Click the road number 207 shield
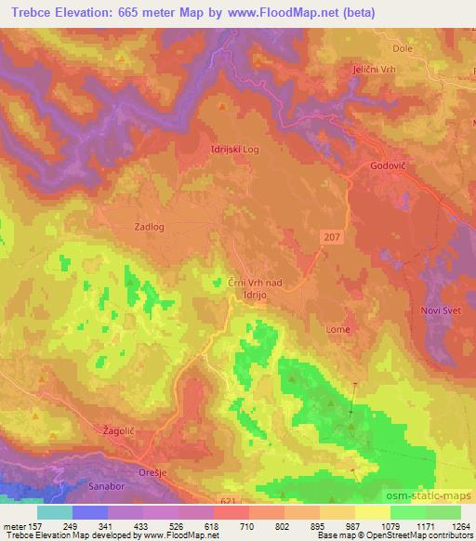(x=333, y=238)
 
